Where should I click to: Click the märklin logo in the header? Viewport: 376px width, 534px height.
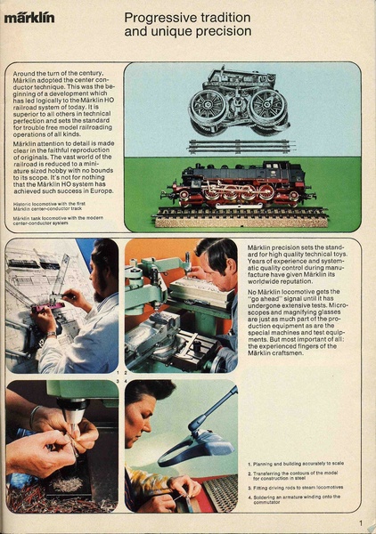pos(29,17)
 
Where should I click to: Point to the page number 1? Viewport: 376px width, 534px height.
pos(360,523)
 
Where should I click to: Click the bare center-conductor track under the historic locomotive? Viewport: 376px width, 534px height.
pos(241,146)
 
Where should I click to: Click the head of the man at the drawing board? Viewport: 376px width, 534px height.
pos(104,263)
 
